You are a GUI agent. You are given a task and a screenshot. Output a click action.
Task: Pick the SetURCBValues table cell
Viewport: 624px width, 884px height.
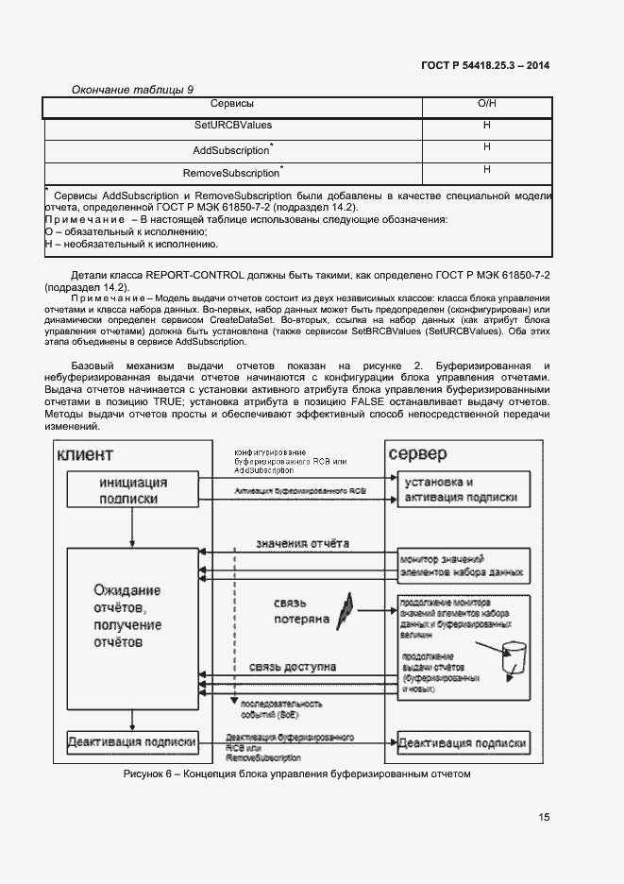(x=231, y=125)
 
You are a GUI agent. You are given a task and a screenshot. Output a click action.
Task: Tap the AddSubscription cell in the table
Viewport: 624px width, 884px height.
(x=231, y=150)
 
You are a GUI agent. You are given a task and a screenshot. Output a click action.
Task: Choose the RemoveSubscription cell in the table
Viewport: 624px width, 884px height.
(x=231, y=173)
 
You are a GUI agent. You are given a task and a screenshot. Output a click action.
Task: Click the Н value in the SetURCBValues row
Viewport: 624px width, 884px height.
(x=487, y=125)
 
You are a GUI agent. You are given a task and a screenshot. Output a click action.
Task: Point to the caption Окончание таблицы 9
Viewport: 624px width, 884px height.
(x=133, y=89)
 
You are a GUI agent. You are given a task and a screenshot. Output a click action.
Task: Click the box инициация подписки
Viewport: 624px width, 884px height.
(x=133, y=490)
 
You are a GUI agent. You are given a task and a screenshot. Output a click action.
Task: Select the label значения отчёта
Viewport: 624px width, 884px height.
(x=303, y=544)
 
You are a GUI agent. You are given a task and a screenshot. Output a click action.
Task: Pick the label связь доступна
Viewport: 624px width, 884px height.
(x=293, y=667)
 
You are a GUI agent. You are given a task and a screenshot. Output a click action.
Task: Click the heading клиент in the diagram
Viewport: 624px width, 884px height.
(x=85, y=455)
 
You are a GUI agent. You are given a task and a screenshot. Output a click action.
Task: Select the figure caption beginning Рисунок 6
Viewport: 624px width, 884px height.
(x=296, y=774)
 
